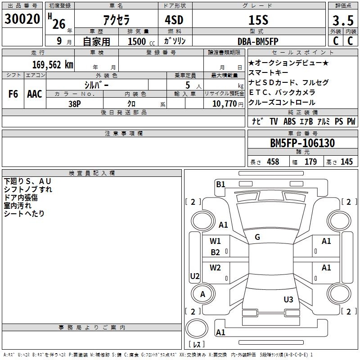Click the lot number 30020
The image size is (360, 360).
pos(22,19)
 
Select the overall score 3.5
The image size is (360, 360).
pos(343,20)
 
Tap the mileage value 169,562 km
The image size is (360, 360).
pos(53,65)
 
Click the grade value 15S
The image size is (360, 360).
pos(258,20)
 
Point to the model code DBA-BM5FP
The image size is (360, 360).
pos(258,41)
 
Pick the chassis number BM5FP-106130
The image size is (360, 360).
pos(302,143)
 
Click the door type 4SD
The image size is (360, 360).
pos(174,20)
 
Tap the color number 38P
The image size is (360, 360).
pos(75,104)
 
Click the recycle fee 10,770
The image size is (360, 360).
pos(225,104)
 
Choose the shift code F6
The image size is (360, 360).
pos(13,94)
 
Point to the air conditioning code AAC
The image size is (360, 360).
pos(35,94)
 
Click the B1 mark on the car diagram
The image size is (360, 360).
pos(220,184)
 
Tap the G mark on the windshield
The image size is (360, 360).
pos(257,237)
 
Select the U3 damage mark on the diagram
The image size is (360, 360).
pos(288,299)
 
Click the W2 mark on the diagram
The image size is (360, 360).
pos(215,267)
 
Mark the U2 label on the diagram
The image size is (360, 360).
pos(195,276)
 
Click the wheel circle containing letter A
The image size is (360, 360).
pos(203,294)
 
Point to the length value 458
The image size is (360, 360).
pos(273,162)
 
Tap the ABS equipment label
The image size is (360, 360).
pos(289,121)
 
